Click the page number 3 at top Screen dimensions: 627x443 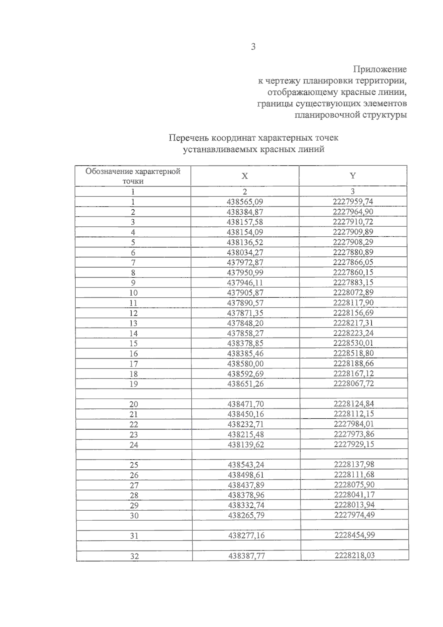[253, 47]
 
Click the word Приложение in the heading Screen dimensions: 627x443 [380, 69]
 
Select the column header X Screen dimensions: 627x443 [244, 176]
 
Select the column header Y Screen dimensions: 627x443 [353, 176]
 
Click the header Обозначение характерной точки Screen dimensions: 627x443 [133, 176]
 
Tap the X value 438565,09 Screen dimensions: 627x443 [245, 202]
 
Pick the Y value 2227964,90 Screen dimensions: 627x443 [353, 212]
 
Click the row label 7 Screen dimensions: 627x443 [133, 263]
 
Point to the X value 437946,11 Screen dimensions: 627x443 [245, 282]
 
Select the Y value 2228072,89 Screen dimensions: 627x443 [353, 292]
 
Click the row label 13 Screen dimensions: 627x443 [133, 323]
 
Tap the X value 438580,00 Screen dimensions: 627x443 [245, 363]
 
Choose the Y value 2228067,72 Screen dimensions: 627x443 [354, 383]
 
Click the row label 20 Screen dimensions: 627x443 [134, 404]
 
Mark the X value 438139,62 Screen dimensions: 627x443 [246, 445]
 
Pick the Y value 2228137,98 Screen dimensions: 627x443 [354, 464]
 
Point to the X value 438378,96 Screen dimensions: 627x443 [246, 495]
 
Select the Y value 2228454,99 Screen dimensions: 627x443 [354, 535]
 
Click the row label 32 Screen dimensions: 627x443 [134, 556]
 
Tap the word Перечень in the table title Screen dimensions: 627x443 [188, 138]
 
